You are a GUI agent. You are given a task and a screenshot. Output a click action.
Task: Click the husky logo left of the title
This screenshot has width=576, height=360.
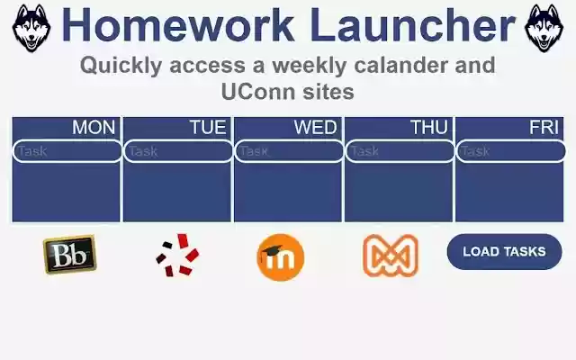point(31,27)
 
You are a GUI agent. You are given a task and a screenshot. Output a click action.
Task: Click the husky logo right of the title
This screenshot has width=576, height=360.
point(544,27)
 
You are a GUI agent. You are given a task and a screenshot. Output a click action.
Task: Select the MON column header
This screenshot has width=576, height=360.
point(94,128)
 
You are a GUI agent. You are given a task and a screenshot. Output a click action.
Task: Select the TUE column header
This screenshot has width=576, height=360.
point(208,128)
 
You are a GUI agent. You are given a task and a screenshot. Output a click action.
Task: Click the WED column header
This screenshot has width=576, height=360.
point(315,128)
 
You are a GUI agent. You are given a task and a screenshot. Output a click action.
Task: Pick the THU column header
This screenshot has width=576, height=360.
point(428,128)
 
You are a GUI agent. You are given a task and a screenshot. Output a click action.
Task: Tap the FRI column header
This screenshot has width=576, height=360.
point(544,128)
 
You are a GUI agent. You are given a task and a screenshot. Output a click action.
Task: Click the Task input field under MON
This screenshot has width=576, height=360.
point(67,151)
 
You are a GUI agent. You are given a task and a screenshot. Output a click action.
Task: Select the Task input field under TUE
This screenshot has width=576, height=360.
point(177,151)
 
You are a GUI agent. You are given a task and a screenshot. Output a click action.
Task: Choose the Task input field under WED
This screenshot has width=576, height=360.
point(288,151)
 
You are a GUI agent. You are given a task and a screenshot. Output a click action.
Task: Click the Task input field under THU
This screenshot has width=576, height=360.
point(400,151)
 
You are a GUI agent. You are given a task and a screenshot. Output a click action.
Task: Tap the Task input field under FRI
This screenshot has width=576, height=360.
point(510,151)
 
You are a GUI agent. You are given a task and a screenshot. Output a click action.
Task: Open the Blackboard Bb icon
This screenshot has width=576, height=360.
point(69,255)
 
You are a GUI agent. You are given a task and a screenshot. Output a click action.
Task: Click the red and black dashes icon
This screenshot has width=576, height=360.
point(177,255)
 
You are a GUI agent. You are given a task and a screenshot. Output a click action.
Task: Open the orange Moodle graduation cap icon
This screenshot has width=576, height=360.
point(280,256)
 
